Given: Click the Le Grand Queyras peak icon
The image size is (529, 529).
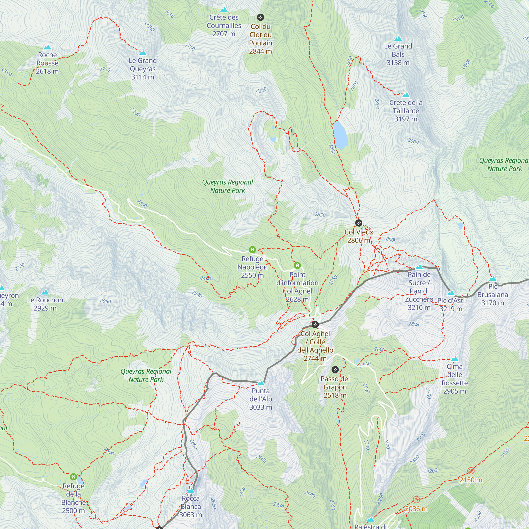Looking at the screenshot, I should pyautogui.click(x=143, y=53).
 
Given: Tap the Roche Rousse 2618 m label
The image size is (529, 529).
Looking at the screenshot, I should pyautogui.click(x=47, y=63).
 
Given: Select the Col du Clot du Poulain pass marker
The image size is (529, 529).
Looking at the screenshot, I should pyautogui.click(x=260, y=17).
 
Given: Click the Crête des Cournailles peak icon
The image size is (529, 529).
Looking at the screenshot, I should pyautogui.click(x=224, y=10).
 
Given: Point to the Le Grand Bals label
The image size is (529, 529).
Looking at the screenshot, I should pyautogui.click(x=398, y=54).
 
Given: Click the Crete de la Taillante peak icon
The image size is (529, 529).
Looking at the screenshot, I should pyautogui.click(x=406, y=95).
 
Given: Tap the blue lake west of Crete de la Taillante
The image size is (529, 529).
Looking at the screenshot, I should pyautogui.click(x=340, y=135).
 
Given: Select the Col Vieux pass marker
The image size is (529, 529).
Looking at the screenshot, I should pyautogui.click(x=359, y=223).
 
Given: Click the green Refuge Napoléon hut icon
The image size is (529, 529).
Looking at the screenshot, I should pyautogui.click(x=252, y=249).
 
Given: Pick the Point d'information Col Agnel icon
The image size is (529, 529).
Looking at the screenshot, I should pyautogui.click(x=297, y=265).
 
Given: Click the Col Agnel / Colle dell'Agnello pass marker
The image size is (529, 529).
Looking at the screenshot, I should pyautogui.click(x=315, y=325).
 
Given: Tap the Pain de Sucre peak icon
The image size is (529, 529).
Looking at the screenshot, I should pyautogui.click(x=419, y=267).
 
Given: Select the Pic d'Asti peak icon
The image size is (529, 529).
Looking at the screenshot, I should pyautogui.click(x=451, y=293).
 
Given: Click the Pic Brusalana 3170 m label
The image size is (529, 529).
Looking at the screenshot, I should pyautogui.click(x=492, y=295).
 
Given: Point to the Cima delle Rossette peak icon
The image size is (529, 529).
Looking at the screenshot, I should pyautogui.click(x=454, y=359).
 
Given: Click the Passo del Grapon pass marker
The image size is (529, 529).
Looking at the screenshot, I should pyautogui.click(x=335, y=370).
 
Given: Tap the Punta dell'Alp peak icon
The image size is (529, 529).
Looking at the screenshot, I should pyautogui.click(x=261, y=383).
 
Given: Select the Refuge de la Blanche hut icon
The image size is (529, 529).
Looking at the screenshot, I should pyautogui.click(x=73, y=477).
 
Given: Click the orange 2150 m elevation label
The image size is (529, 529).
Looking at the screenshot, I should pyautogui.click(x=471, y=480).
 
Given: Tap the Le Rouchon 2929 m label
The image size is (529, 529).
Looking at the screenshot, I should pyautogui.click(x=45, y=304).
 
